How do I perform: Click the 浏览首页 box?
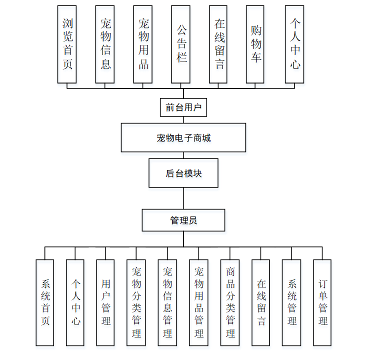(x=67, y=44)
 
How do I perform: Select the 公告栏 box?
(x=180, y=44)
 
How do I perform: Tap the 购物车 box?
(x=255, y=44)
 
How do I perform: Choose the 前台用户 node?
(x=183, y=107)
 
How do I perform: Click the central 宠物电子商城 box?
(x=183, y=137)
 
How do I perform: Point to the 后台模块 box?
(x=183, y=173)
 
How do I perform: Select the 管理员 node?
(x=183, y=220)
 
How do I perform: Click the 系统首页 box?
(x=45, y=302)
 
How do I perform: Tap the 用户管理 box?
(x=105, y=302)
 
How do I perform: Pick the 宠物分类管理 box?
(x=136, y=302)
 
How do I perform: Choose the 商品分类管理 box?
(x=230, y=302)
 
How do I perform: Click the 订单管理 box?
(x=322, y=302)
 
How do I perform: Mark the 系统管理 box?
(x=292, y=302)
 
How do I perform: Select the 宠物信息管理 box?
(x=167, y=302)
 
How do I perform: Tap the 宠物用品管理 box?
(x=198, y=302)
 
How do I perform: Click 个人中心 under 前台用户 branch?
(x=294, y=44)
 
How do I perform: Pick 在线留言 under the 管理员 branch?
(x=261, y=302)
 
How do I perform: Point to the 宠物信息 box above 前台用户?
(x=105, y=44)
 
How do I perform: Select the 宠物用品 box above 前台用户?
(x=143, y=44)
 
